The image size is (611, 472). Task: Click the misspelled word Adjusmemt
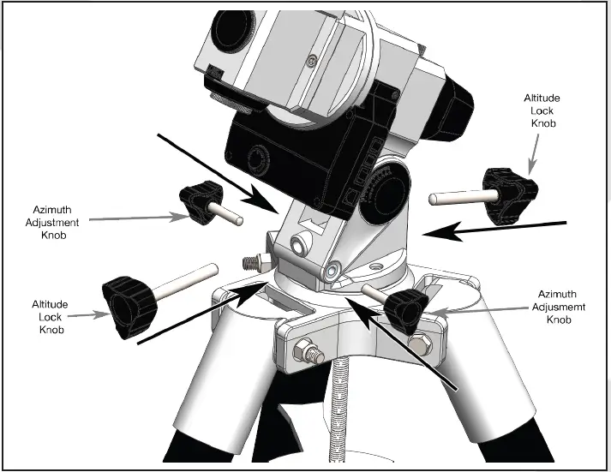[560, 308]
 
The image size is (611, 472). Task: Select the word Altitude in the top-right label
[542, 99]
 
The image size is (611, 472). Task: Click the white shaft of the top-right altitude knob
[455, 198]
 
